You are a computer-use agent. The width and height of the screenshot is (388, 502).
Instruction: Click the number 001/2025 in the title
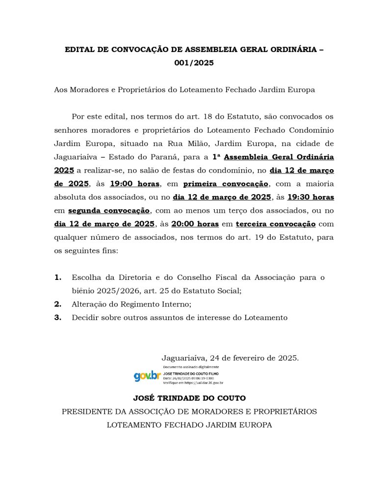coord(194,63)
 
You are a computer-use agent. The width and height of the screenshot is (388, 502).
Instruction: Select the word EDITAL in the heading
coord(80,50)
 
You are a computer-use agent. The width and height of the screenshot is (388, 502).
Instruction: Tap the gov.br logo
coord(147,376)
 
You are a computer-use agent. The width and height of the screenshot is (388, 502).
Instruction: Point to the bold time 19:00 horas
coord(135,184)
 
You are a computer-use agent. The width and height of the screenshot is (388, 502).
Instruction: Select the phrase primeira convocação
coord(226,184)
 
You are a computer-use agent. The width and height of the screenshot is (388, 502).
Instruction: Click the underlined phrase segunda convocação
coord(109,211)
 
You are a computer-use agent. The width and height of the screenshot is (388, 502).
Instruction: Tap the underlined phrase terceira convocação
coord(276,224)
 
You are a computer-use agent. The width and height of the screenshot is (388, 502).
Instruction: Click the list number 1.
coord(58,277)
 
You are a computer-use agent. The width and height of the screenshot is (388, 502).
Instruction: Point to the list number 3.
coord(58,317)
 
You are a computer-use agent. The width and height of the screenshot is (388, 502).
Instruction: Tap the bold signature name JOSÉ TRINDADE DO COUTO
coord(189,398)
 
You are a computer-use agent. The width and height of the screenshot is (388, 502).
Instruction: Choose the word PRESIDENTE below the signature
coord(87,411)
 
